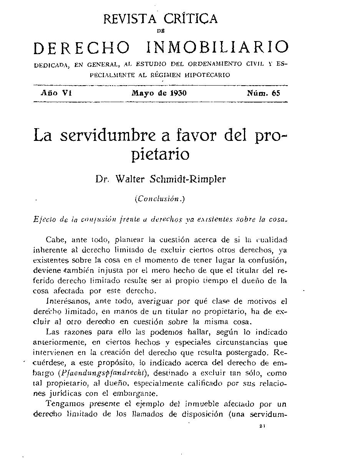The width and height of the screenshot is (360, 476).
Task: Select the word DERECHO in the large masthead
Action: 81,47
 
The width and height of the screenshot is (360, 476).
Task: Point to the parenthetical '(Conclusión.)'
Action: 160,199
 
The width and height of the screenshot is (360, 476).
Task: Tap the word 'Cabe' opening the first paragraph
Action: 56,240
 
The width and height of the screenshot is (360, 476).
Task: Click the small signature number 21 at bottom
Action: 262,426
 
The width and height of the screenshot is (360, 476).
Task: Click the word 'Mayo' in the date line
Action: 142,93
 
